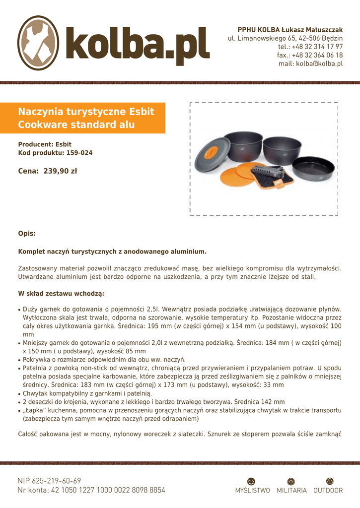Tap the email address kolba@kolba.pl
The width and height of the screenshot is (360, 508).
(310, 63)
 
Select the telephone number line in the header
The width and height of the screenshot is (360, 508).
(310, 47)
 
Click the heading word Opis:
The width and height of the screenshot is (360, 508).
(27, 234)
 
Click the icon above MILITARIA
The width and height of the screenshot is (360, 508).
(291, 481)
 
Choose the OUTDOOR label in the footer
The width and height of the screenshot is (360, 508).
(328, 491)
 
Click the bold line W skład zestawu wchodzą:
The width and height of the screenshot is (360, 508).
(61, 293)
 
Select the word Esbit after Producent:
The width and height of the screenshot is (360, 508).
(63, 144)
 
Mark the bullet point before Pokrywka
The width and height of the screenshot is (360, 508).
(19, 360)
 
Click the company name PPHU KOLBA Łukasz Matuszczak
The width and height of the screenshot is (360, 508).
(290, 30)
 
